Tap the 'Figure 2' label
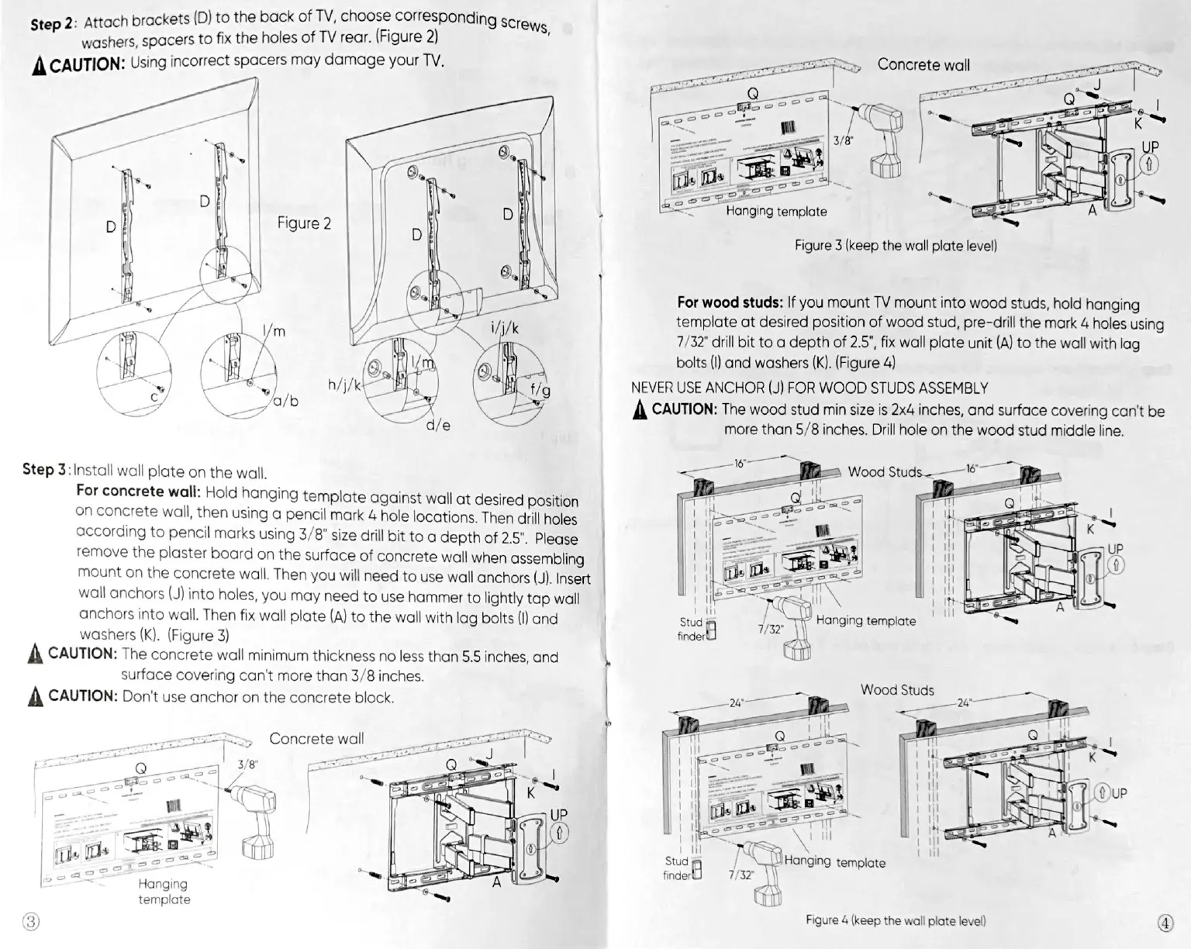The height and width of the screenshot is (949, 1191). pos(304,223)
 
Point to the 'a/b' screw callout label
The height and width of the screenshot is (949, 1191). pos(285,401)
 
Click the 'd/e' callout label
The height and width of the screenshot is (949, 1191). pos(438,426)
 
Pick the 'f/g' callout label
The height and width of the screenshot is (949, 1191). pos(540,391)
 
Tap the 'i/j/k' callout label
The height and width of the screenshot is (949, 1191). pos(505,328)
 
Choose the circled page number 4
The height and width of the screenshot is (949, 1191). pos(1165,923)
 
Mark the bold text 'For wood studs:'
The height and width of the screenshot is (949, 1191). pos(730,302)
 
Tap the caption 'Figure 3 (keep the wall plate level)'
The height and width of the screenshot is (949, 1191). pos(896,245)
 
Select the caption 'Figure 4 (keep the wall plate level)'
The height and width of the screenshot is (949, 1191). pos(896,920)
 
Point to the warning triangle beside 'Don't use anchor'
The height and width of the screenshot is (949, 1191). pos(34,696)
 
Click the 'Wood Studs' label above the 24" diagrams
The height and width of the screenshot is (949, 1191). pos(897,690)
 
